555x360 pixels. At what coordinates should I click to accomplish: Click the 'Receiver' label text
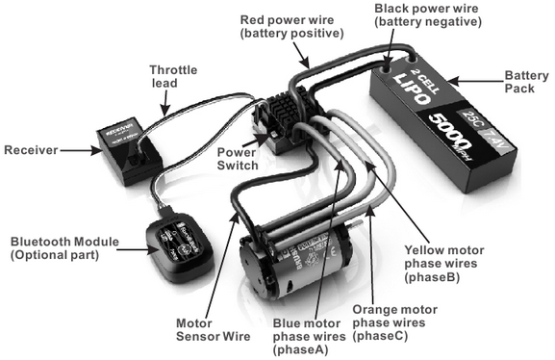(x=33, y=149)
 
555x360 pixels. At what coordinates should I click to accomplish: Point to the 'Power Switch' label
(x=237, y=158)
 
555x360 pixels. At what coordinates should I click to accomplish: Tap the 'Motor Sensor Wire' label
(x=209, y=331)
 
